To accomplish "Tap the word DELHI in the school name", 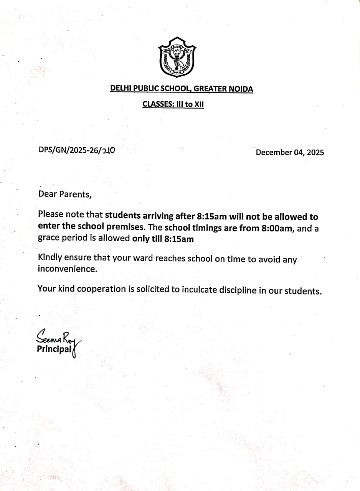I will tap(121, 89).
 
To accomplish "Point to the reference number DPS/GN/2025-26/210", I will tap(77, 150).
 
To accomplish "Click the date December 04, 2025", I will tap(290, 152).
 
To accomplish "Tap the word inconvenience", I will tap(67, 269).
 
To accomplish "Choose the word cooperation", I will tap(101, 289).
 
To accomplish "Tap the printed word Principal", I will tap(54, 349).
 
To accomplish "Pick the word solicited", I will tap(152, 289).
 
